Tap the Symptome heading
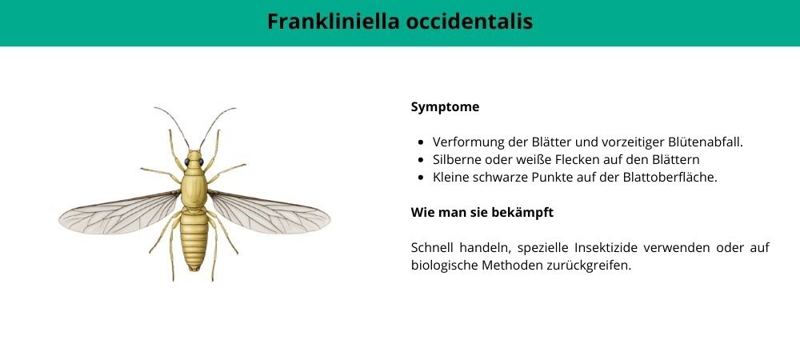[x=445, y=107]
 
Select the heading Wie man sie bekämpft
[x=482, y=212]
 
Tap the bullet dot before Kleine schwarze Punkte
[x=421, y=178]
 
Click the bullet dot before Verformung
[x=421, y=142]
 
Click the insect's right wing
[x=269, y=213]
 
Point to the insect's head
[x=194, y=159]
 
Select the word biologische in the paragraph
[x=443, y=266]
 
